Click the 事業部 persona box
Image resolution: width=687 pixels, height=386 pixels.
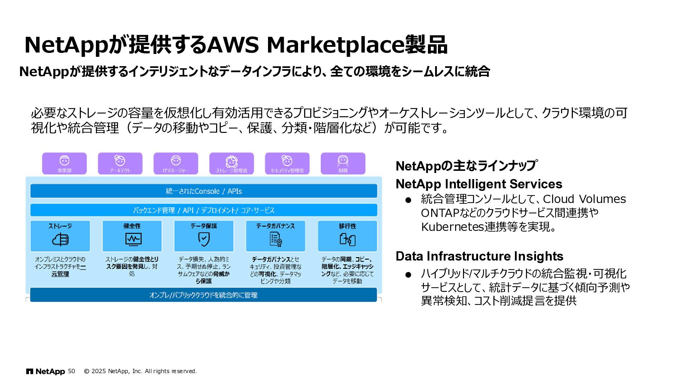(64, 163)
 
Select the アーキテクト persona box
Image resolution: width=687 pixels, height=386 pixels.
(120, 163)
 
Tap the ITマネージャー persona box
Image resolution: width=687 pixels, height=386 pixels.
(176, 163)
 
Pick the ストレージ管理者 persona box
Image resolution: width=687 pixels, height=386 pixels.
(232, 163)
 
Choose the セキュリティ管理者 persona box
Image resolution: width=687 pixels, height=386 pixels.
(287, 163)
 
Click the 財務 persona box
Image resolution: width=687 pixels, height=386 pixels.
(343, 163)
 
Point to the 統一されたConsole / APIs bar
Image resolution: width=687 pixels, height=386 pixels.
(204, 191)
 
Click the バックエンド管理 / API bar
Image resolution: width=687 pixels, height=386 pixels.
(204, 210)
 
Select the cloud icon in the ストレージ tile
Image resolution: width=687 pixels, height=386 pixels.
(60, 239)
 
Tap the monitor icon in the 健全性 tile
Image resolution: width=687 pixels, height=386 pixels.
(133, 239)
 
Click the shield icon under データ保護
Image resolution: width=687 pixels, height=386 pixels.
(204, 239)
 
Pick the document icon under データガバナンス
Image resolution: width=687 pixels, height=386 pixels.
(276, 239)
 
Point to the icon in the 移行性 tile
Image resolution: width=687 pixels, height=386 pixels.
(347, 239)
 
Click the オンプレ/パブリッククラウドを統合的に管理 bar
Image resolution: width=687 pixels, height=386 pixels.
(204, 295)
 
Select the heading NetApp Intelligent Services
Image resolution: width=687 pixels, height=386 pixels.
(479, 184)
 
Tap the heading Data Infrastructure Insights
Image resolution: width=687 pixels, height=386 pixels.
(479, 256)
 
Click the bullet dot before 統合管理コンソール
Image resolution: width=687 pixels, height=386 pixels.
(408, 200)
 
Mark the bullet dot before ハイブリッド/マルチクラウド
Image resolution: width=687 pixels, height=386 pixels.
(408, 275)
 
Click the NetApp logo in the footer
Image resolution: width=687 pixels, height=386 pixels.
(45, 371)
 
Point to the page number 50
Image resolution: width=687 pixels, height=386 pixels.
(72, 371)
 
